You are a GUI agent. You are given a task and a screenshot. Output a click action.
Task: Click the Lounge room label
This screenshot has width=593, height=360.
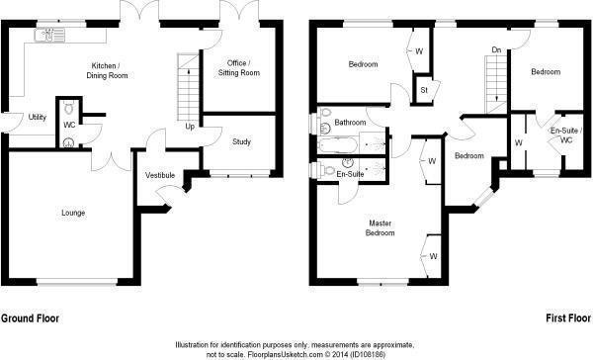(x=72, y=213)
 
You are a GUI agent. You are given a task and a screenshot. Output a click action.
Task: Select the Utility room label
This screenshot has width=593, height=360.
(x=38, y=117)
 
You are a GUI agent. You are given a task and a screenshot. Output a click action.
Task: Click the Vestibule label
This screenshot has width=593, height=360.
(x=160, y=175)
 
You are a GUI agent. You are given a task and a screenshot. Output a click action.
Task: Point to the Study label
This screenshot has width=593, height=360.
(x=241, y=141)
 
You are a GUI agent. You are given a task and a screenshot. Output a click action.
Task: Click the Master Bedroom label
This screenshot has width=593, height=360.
(x=381, y=227)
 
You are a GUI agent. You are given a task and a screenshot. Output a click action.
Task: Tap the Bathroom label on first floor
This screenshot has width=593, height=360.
(x=350, y=123)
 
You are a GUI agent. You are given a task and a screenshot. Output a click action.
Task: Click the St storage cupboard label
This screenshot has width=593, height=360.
(x=423, y=91)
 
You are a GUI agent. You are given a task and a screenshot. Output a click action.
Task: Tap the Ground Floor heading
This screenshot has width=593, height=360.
(x=30, y=318)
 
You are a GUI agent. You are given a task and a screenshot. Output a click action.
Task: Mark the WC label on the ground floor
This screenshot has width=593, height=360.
(x=69, y=125)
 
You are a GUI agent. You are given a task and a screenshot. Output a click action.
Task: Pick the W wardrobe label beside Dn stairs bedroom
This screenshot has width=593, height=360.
(x=517, y=142)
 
